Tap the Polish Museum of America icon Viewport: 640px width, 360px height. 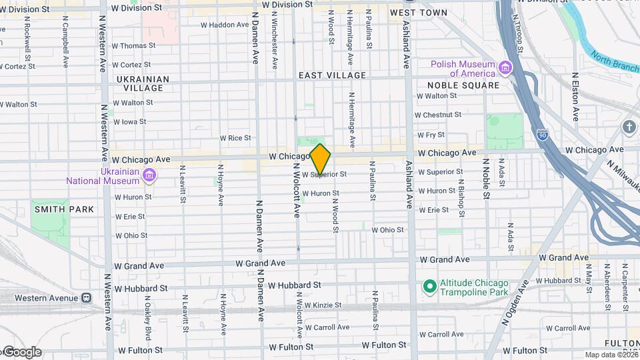coord(505,67)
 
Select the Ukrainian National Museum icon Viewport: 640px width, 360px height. coord(149,175)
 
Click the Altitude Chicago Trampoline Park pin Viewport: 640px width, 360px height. coord(430,287)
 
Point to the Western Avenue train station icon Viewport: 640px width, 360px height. coord(86,298)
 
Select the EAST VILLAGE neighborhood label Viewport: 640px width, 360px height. coord(332,75)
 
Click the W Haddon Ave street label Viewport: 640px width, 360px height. coord(225,25)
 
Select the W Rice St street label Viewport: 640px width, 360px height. coord(235,138)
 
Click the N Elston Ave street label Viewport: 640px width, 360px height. coord(575,100)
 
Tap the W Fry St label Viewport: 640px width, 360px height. coord(431,134)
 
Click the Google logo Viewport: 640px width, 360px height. coord(21,352)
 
